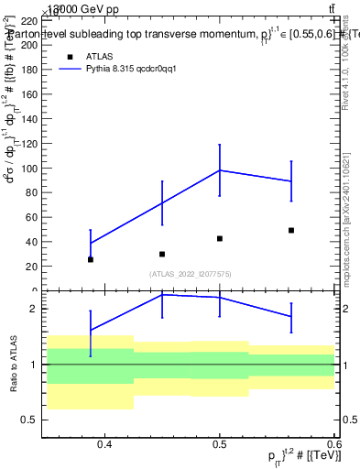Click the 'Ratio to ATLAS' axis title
point(13,364)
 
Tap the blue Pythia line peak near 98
point(220,170)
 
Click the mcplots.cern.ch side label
point(349,211)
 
